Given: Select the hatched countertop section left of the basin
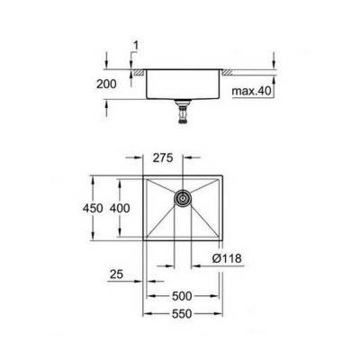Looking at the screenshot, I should (137, 70).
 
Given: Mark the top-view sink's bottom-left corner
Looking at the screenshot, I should (145, 245).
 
